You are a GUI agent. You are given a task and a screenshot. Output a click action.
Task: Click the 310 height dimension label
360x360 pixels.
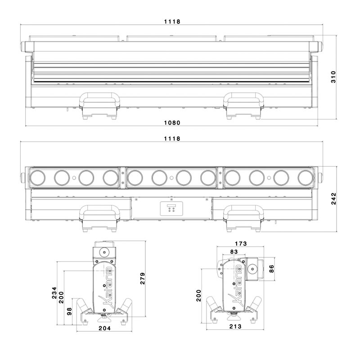pyautogui.click(x=333, y=77)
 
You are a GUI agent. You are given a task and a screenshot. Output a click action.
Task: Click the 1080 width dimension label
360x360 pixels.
pyautogui.click(x=172, y=123)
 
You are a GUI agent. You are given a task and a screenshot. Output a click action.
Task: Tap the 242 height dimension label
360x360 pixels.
pyautogui.click(x=333, y=198)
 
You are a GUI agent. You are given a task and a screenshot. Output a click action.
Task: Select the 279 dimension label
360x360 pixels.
pyautogui.click(x=143, y=279)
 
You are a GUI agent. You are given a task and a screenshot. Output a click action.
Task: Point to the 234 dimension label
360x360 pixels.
pyautogui.click(x=54, y=292)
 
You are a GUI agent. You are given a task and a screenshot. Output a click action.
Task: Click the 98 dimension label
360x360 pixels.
pyautogui.click(x=69, y=311)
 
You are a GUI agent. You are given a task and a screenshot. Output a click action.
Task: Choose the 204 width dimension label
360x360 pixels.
pyautogui.click(x=105, y=328)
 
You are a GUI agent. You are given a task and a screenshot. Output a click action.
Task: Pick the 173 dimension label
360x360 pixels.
pyautogui.click(x=241, y=243)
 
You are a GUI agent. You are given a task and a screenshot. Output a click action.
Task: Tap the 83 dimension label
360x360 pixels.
pyautogui.click(x=234, y=252)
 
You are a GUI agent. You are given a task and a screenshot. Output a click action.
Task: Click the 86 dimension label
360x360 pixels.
pyautogui.click(x=271, y=269)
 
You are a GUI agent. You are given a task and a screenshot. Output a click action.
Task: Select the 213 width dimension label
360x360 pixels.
pyautogui.click(x=235, y=326)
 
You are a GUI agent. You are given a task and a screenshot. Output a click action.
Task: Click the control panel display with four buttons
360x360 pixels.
pyautogui.click(x=171, y=208)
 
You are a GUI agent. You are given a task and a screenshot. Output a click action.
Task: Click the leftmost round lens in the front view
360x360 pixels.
pyautogui.click(x=37, y=178)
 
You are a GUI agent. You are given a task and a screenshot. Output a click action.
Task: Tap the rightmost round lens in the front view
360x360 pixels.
pyautogui.click(x=306, y=178)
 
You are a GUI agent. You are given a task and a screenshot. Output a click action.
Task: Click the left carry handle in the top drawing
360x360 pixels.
pyautogui.click(x=99, y=99)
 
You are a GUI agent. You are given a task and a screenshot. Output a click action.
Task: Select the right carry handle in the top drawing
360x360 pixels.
pyautogui.click(x=243, y=99)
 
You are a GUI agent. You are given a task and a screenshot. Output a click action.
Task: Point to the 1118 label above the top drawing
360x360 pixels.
pyautogui.click(x=172, y=22)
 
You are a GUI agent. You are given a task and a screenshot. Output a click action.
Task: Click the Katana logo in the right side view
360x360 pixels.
pyautogui.click(x=237, y=285)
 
